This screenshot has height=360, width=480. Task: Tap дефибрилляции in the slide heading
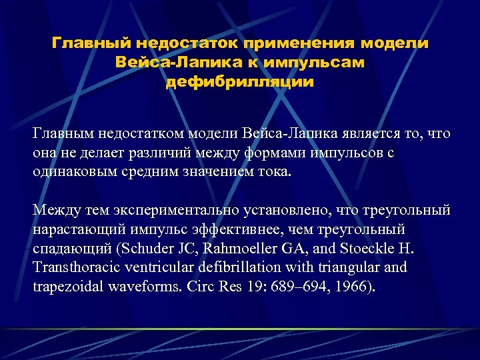click(x=240, y=83)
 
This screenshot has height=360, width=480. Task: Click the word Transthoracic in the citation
click(x=74, y=267)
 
